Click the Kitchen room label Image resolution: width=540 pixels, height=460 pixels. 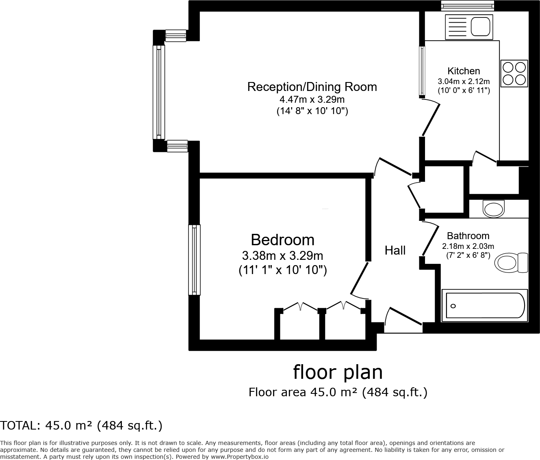coord(464,71)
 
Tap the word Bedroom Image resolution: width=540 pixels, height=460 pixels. coord(282,240)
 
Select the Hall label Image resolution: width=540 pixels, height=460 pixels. coord(395,251)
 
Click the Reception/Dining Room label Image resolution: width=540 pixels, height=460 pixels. coord(312,87)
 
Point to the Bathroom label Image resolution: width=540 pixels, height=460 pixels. coord(468,236)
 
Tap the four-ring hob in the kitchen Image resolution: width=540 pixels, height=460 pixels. coord(514,73)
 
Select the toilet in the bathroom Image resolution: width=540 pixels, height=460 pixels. coord(511,263)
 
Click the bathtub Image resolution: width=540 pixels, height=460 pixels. coord(484,305)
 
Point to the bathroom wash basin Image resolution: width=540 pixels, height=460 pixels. coord(493,209)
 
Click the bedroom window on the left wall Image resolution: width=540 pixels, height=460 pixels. coord(194,260)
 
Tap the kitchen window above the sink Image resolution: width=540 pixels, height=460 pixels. coord(468,5)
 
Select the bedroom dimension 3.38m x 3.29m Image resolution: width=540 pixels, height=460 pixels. coord(282,256)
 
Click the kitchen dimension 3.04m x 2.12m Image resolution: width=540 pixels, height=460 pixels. coord(464,81)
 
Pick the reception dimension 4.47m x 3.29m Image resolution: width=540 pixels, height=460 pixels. coord(312,99)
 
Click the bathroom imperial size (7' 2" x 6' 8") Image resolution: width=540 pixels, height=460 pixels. coord(468,255)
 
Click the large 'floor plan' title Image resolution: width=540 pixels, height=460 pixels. coord(338,372)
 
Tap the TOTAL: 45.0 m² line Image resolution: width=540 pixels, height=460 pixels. coord(81,425)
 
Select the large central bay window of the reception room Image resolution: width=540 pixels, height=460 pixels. coord(159,91)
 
